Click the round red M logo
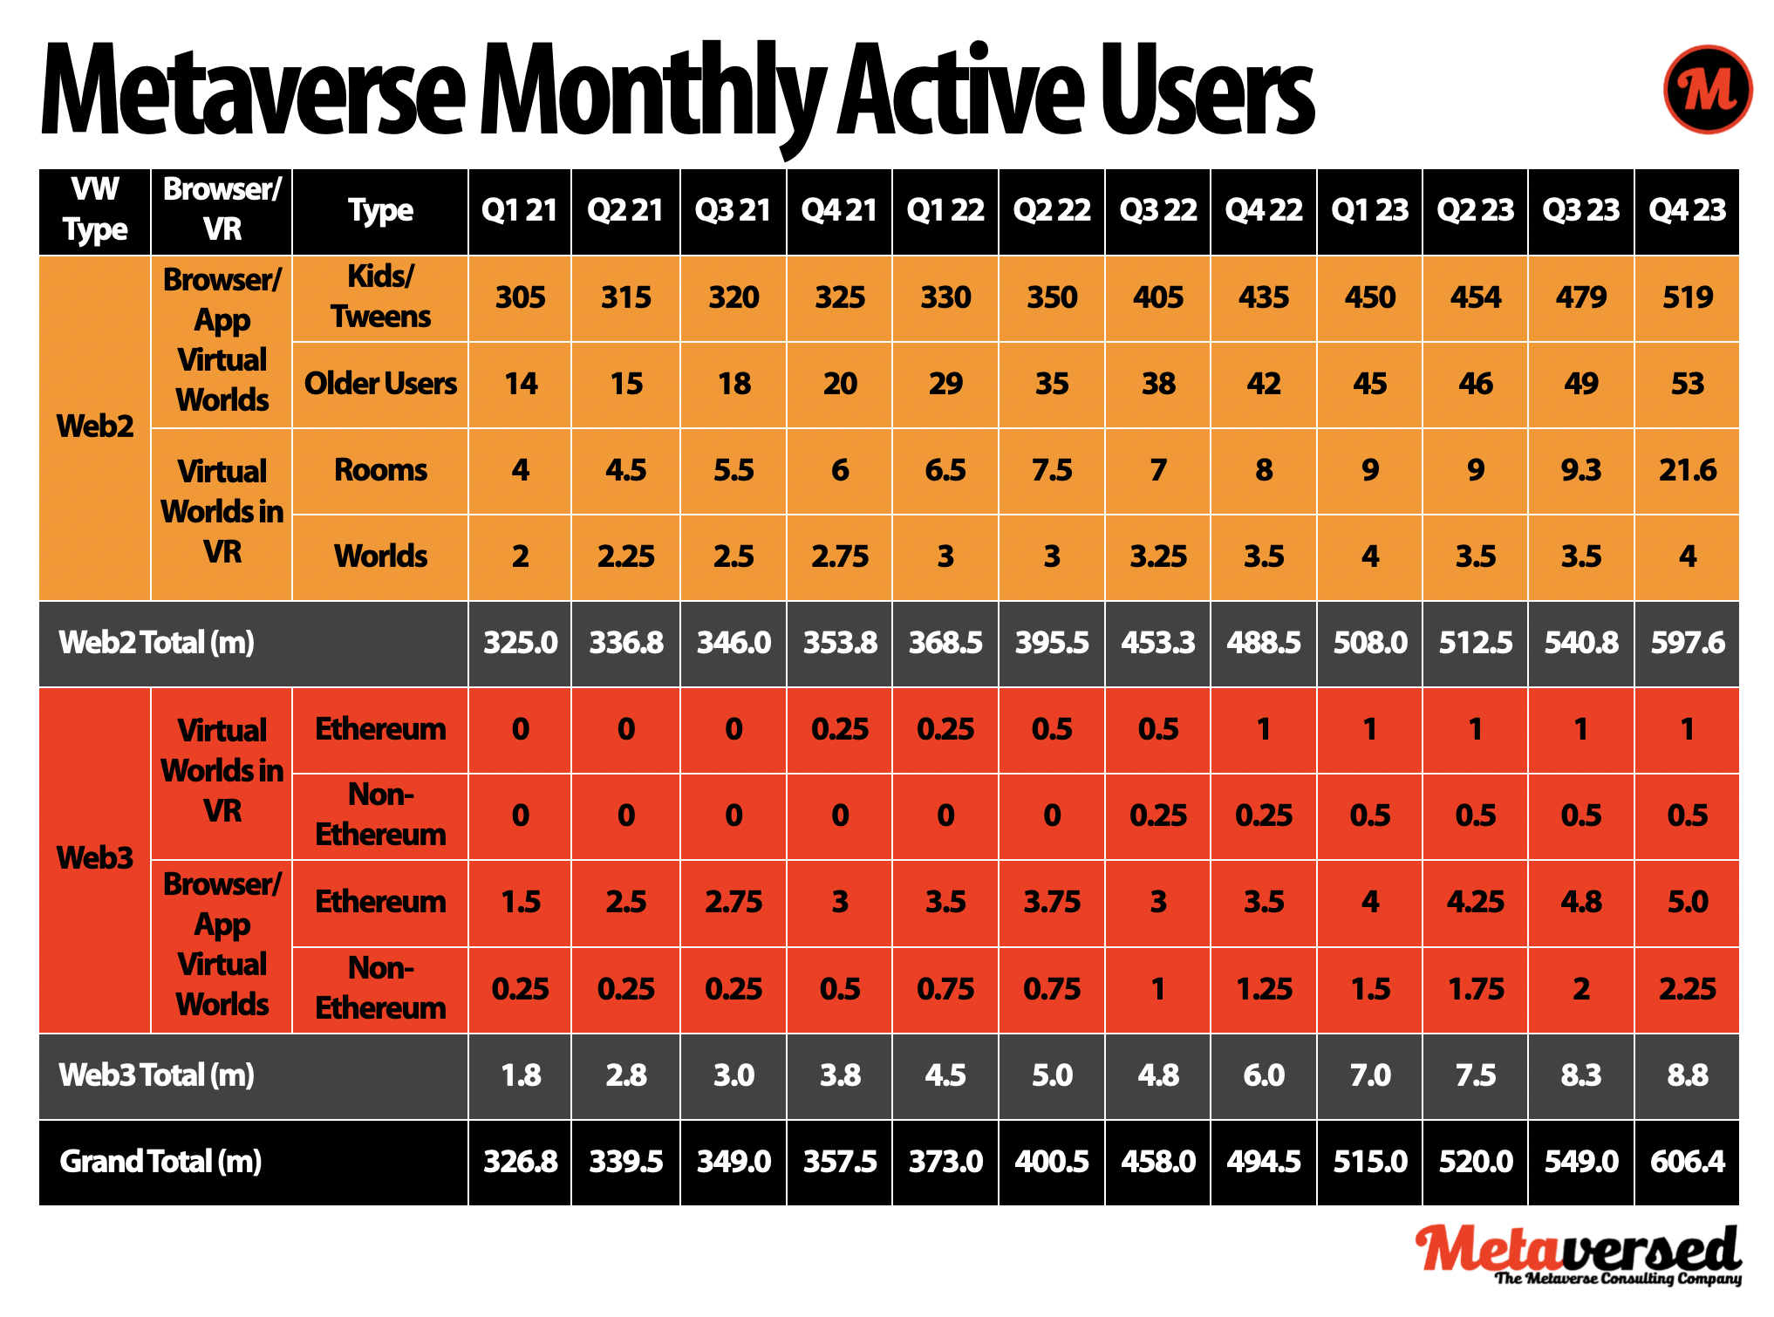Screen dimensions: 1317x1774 point(1707,89)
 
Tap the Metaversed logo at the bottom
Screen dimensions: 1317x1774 point(1578,1253)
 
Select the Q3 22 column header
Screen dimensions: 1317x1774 point(1157,210)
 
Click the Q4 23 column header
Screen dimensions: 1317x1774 point(1687,210)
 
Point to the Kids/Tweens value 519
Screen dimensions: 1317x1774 point(1687,297)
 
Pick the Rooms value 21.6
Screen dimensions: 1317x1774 point(1687,470)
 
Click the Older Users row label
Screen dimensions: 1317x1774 point(380,384)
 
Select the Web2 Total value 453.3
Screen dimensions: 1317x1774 point(1157,643)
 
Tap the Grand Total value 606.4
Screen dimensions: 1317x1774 point(1687,1162)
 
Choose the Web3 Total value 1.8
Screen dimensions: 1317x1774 point(521,1075)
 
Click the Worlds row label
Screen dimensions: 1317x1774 point(380,556)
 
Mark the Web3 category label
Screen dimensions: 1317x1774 point(95,858)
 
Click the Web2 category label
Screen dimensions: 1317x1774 point(95,426)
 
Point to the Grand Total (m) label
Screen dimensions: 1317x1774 point(160,1162)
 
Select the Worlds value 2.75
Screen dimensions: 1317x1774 point(839,556)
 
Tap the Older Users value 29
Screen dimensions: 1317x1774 point(945,384)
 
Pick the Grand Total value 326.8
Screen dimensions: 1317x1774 point(521,1162)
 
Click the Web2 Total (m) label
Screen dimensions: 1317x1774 point(157,643)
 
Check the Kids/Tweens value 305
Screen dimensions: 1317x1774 point(521,297)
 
